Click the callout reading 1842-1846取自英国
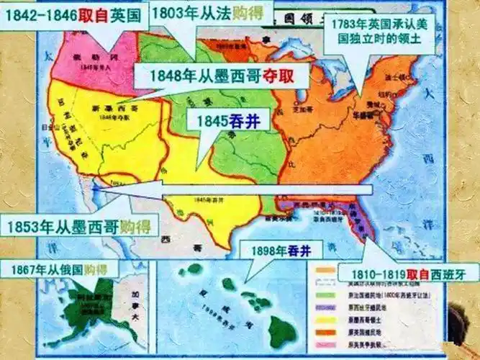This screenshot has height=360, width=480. click(x=76, y=13)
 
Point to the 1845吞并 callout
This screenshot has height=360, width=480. click(x=223, y=120)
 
